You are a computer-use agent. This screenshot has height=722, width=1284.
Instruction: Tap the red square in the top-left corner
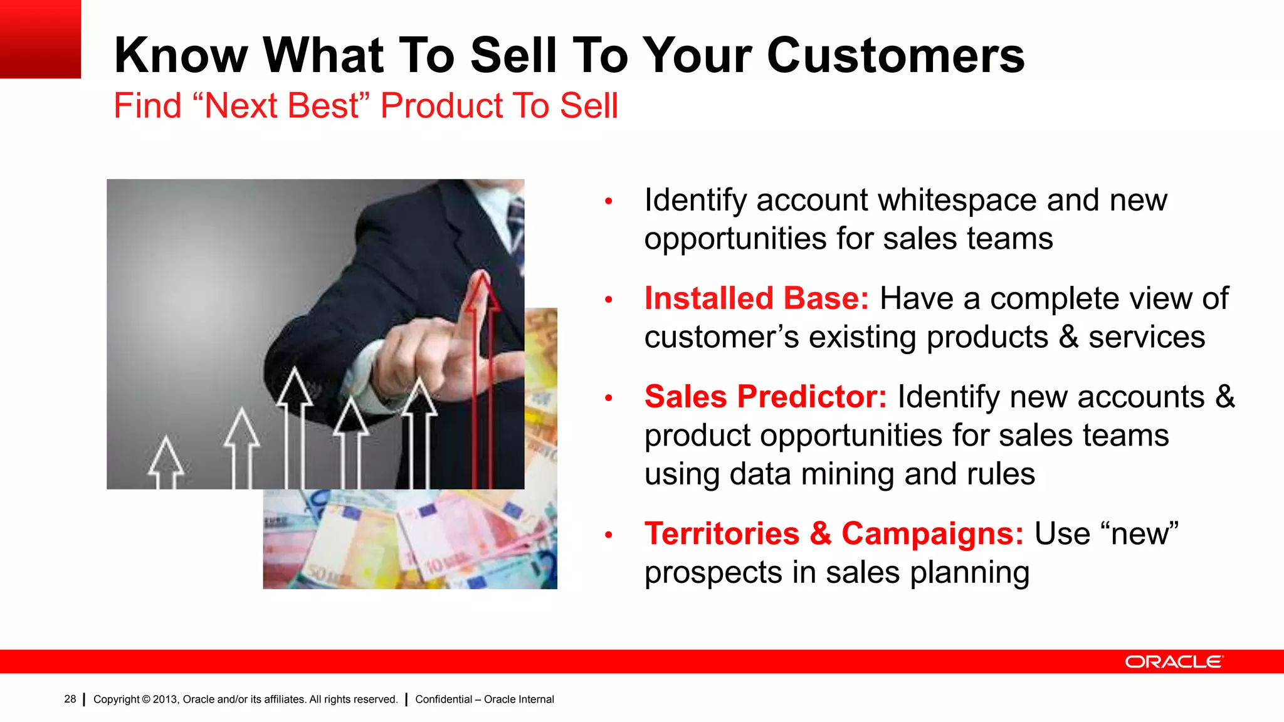pyautogui.click(x=40, y=39)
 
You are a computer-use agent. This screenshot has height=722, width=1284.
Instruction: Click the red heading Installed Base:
pyautogui.click(x=756, y=298)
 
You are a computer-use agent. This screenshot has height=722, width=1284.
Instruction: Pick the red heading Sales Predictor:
pyautogui.click(x=765, y=397)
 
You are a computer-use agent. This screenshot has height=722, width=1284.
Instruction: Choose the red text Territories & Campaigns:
pyautogui.click(x=834, y=533)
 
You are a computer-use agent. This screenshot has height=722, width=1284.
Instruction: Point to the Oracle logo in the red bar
pyautogui.click(x=1173, y=662)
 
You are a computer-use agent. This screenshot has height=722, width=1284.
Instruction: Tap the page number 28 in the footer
pyautogui.click(x=70, y=699)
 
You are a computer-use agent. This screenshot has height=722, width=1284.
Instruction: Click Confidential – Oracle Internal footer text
pyautogui.click(x=484, y=699)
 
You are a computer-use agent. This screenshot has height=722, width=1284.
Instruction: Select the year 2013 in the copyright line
pyautogui.click(x=165, y=699)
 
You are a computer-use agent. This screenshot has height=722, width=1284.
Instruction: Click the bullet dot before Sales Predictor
pyautogui.click(x=608, y=398)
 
